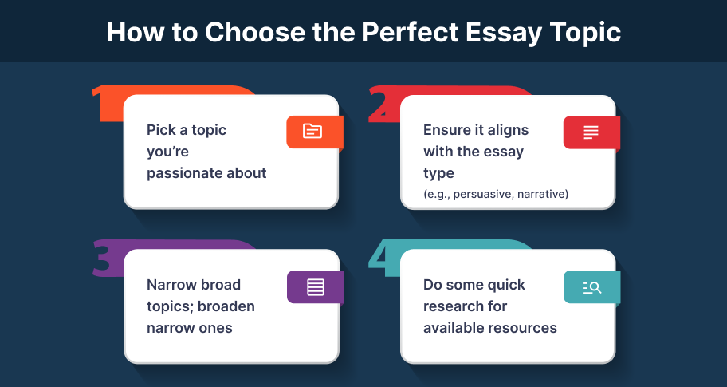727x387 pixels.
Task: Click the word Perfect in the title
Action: click(x=410, y=32)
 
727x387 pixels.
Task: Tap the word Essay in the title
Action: click(x=504, y=34)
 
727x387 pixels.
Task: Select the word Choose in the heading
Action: click(x=255, y=32)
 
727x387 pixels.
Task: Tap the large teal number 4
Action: click(x=382, y=258)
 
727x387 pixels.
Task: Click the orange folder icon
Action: click(x=312, y=132)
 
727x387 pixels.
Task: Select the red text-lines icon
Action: click(x=590, y=132)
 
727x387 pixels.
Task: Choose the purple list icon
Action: click(x=316, y=287)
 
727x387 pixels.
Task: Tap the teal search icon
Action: click(x=591, y=288)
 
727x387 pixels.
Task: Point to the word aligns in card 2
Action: click(x=508, y=130)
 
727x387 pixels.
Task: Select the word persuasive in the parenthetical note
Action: click(x=483, y=194)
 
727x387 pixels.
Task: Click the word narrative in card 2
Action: click(x=541, y=194)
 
